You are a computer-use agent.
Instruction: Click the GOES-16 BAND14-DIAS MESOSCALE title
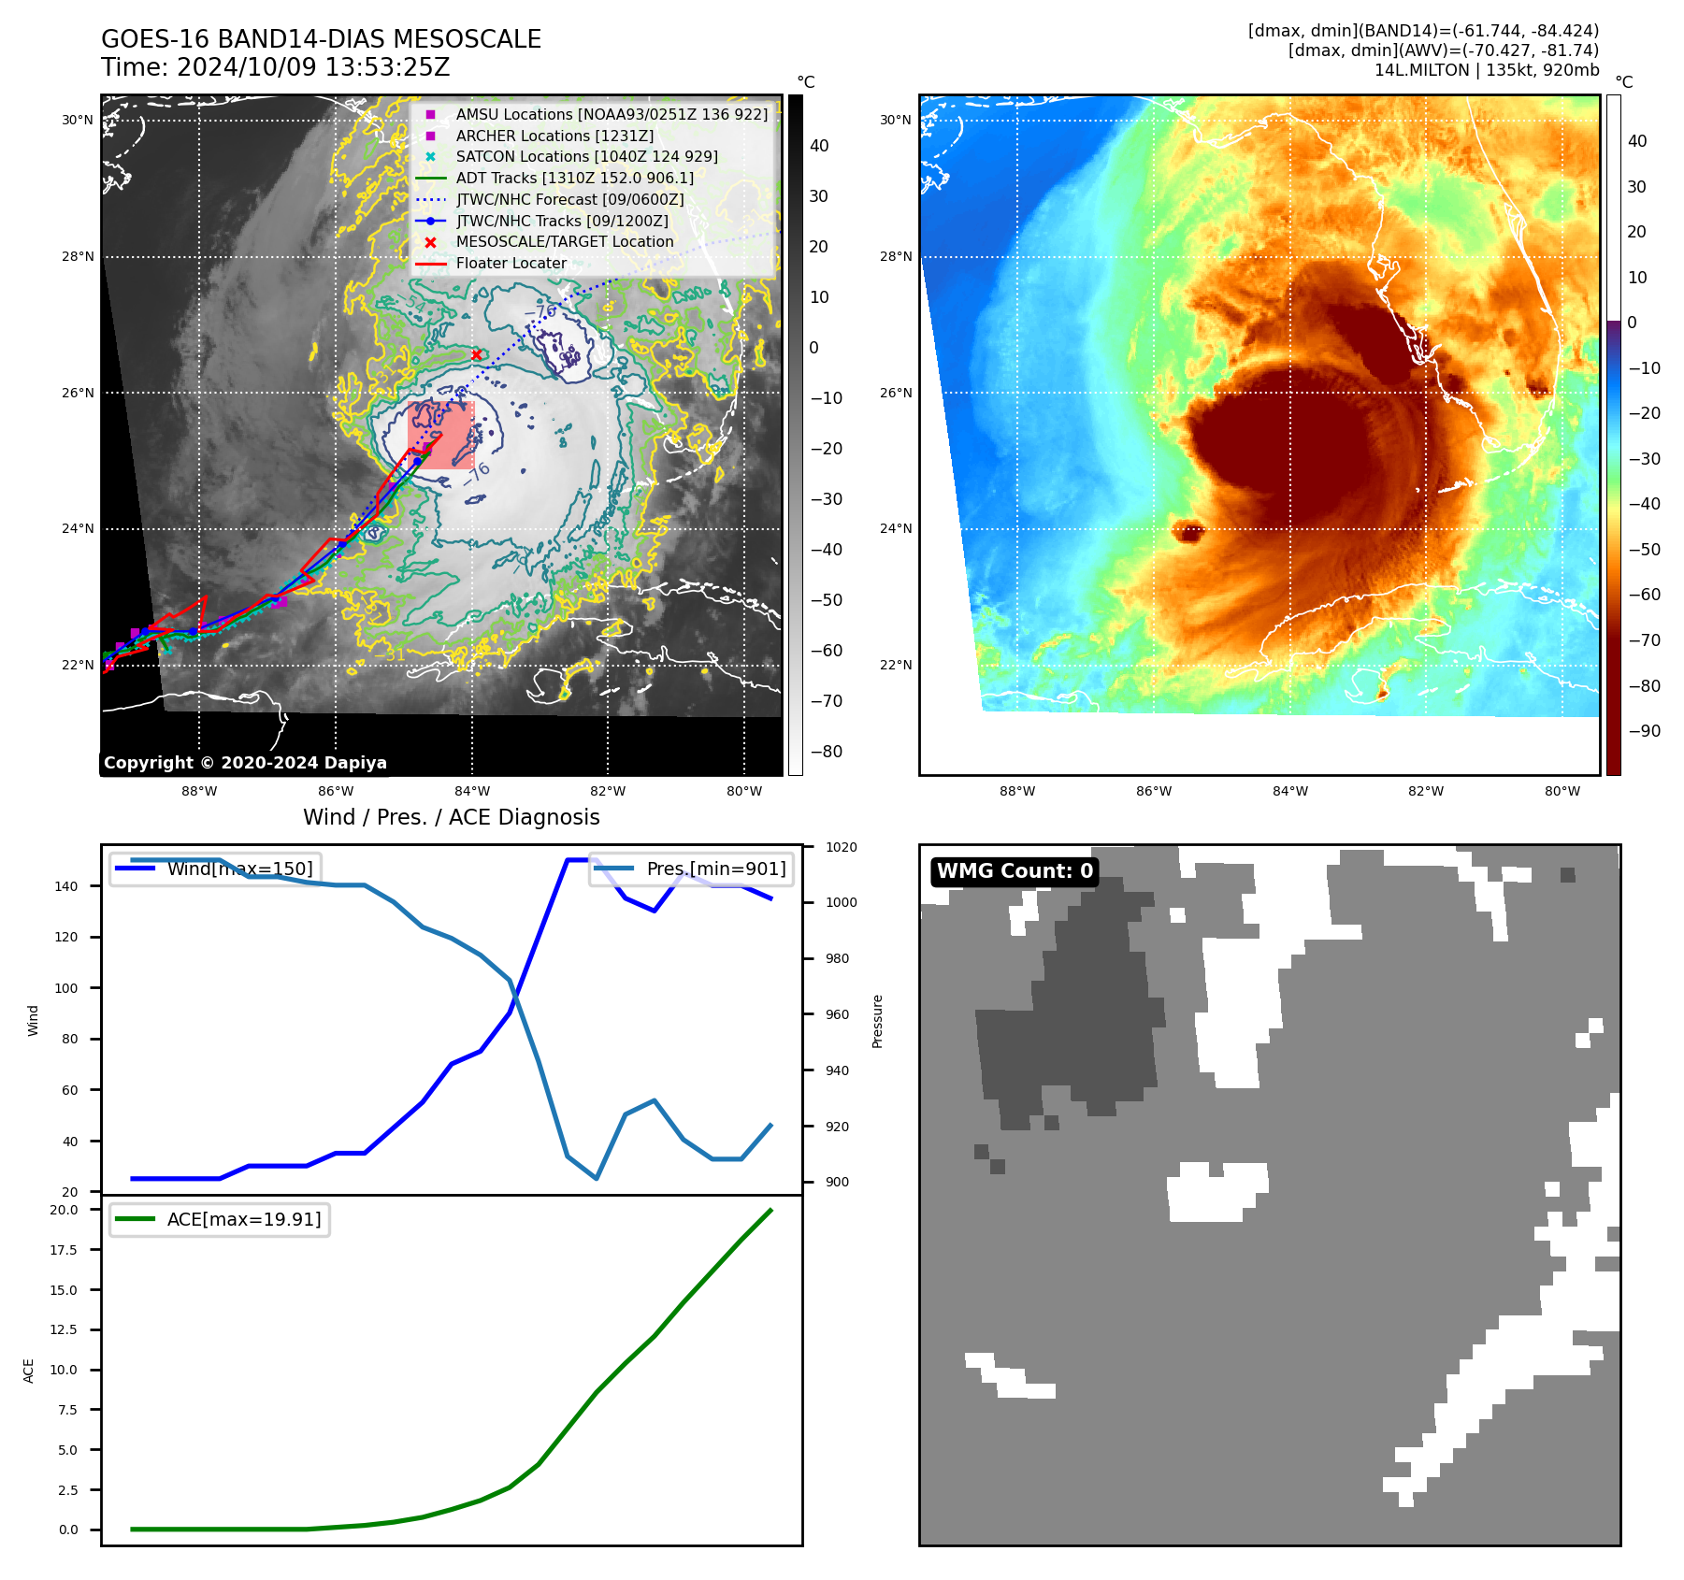321,39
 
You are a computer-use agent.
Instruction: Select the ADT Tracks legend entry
574,178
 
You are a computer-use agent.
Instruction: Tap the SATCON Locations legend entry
586,156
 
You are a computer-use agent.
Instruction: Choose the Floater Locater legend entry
511,263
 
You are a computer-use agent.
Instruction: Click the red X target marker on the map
477,354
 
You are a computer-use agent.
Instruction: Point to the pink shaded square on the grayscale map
441,435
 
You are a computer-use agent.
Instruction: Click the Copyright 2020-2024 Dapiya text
245,763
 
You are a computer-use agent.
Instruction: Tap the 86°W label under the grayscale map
336,791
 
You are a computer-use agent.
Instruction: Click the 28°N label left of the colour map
895,256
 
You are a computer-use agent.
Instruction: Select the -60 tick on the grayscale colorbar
826,651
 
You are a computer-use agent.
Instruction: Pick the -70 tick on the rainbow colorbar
1644,640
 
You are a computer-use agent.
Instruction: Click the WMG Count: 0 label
1015,871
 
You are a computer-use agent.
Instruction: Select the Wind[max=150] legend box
215,869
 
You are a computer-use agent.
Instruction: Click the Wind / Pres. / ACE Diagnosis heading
451,817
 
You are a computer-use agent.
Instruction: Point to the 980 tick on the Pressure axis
837,958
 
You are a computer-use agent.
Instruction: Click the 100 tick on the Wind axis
66,988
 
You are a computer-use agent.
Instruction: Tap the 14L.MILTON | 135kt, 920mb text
1486,70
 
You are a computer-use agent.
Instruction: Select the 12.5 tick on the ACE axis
64,1329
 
